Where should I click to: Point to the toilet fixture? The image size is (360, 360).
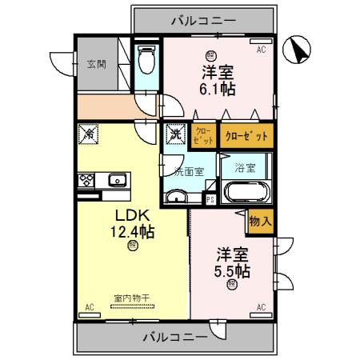[146, 60]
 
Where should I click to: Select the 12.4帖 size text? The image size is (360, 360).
[132, 232]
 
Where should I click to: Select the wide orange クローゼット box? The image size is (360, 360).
[246, 136]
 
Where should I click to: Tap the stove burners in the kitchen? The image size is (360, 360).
[86, 180]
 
